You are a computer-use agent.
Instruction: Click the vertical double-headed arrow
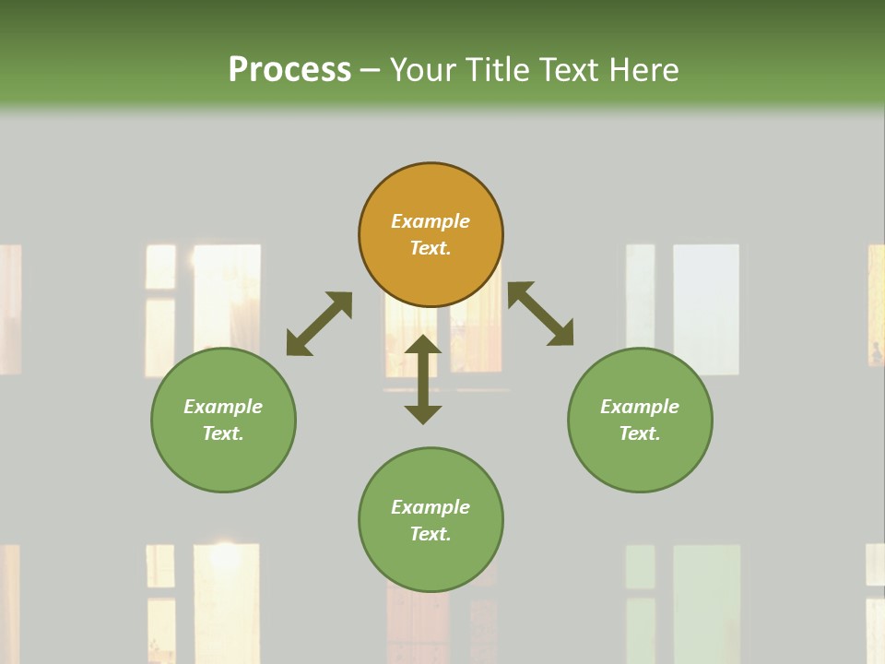tap(423, 379)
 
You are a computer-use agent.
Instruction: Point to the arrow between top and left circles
tap(319, 324)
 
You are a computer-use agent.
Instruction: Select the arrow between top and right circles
tap(541, 314)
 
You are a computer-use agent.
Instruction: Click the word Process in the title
tap(289, 69)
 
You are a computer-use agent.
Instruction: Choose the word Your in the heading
tap(425, 69)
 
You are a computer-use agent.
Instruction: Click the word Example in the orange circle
tap(431, 221)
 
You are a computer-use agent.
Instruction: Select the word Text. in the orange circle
tap(431, 248)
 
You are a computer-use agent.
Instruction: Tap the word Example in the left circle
tap(223, 407)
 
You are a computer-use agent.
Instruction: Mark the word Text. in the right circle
tap(640, 433)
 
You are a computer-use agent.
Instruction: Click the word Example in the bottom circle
tap(431, 507)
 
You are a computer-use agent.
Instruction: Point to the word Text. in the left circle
tap(223, 433)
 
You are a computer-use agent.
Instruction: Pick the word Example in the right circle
tap(640, 407)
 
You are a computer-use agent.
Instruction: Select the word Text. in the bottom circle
tap(431, 534)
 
